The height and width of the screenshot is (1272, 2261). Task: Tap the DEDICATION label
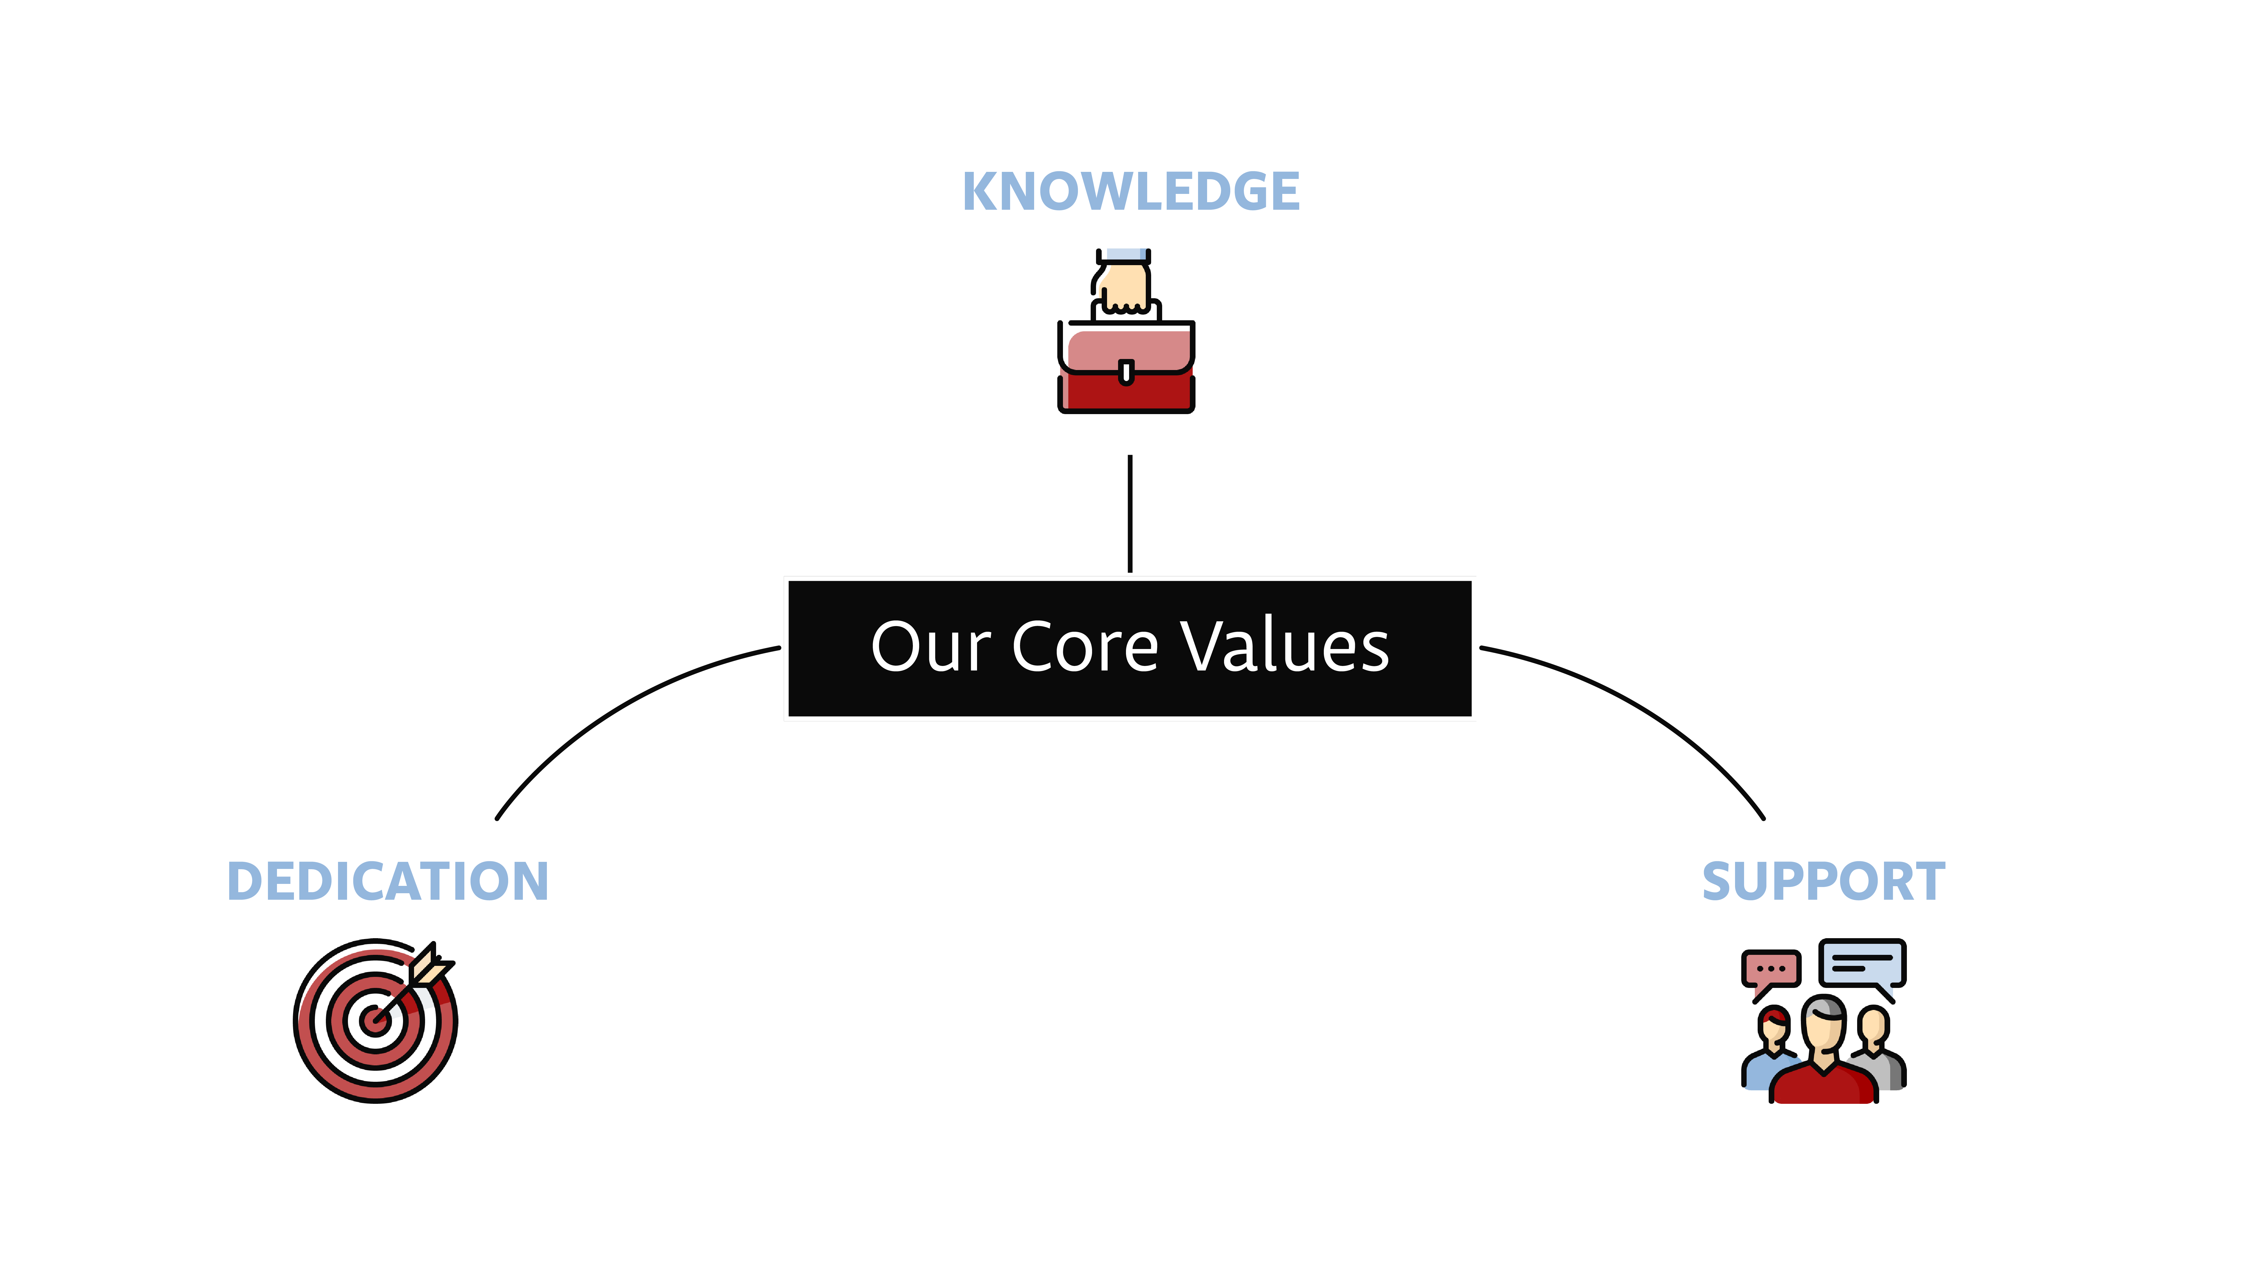(x=388, y=881)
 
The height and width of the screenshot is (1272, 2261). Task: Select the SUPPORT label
(x=1824, y=881)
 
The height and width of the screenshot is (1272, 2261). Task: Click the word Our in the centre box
(x=931, y=647)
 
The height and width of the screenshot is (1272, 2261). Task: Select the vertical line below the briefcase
(x=1130, y=514)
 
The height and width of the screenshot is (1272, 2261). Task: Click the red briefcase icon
(x=1126, y=366)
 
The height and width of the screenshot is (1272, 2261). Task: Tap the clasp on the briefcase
(x=1126, y=372)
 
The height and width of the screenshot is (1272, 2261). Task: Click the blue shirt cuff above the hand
(x=1123, y=255)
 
